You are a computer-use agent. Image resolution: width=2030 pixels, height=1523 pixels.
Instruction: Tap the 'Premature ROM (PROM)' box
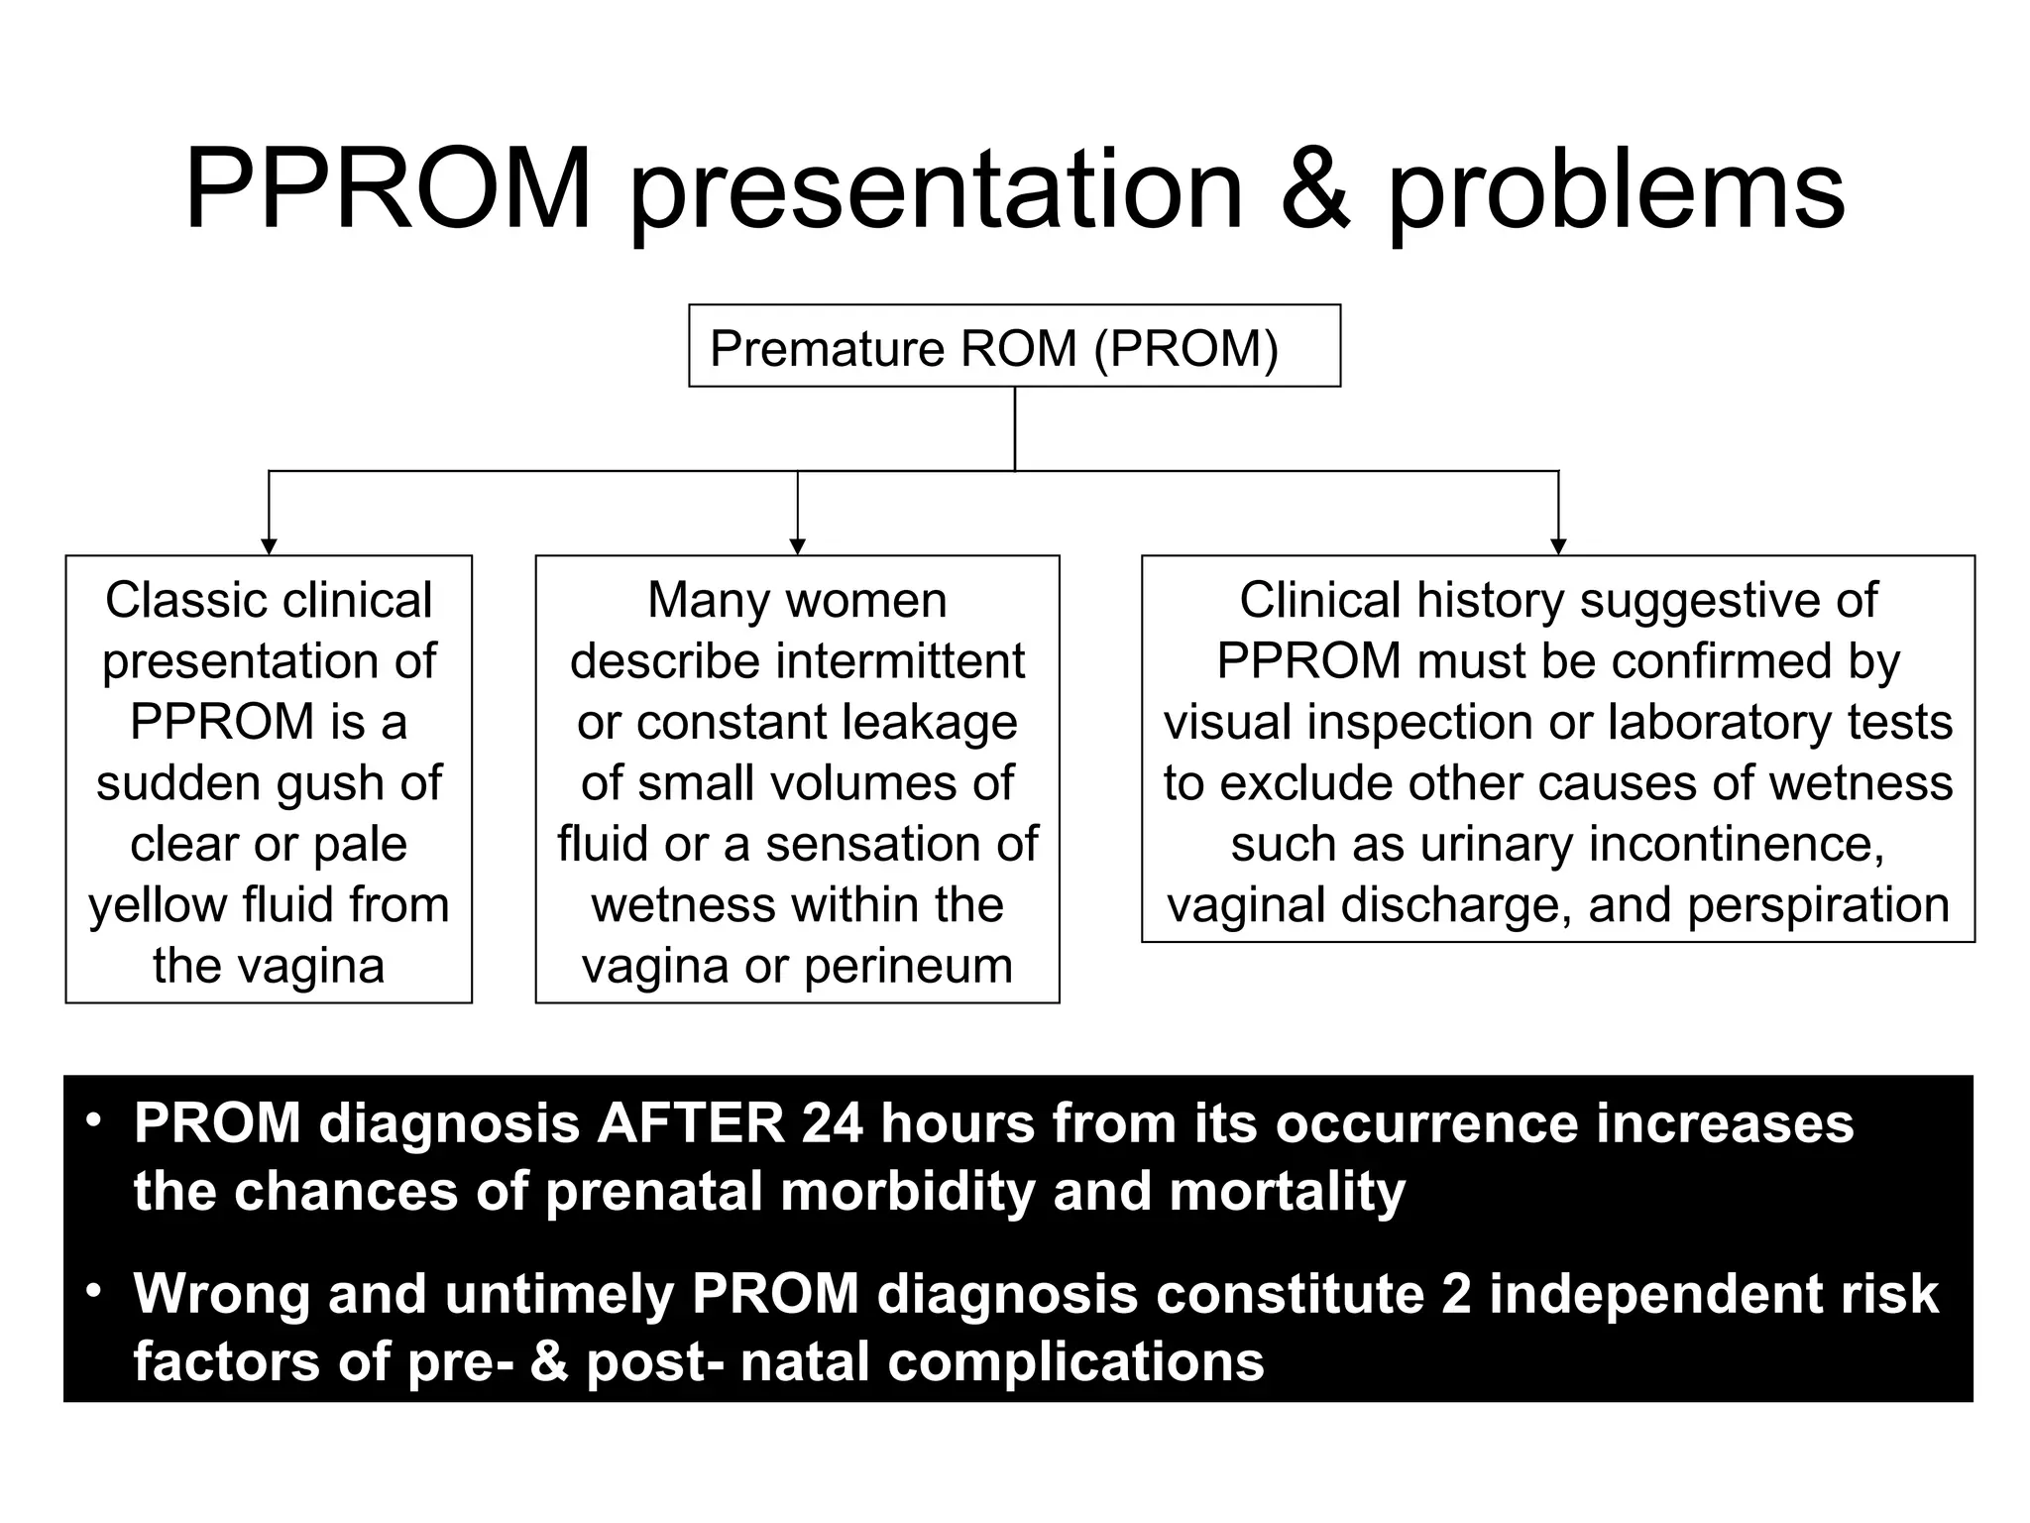point(1014,346)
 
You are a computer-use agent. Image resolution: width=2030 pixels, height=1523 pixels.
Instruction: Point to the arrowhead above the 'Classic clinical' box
point(269,546)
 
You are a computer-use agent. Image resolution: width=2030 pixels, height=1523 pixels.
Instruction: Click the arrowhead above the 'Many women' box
point(798,546)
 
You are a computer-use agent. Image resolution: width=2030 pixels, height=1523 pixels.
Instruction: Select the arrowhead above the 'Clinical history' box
point(1558,546)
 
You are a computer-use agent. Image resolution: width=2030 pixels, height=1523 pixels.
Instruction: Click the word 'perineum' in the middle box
point(908,966)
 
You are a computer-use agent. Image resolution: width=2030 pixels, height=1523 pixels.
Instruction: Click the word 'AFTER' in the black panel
point(690,1123)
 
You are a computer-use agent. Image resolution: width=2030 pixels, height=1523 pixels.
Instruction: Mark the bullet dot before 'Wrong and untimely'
point(94,1291)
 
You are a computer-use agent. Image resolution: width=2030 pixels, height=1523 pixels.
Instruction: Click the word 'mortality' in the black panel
point(1288,1191)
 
